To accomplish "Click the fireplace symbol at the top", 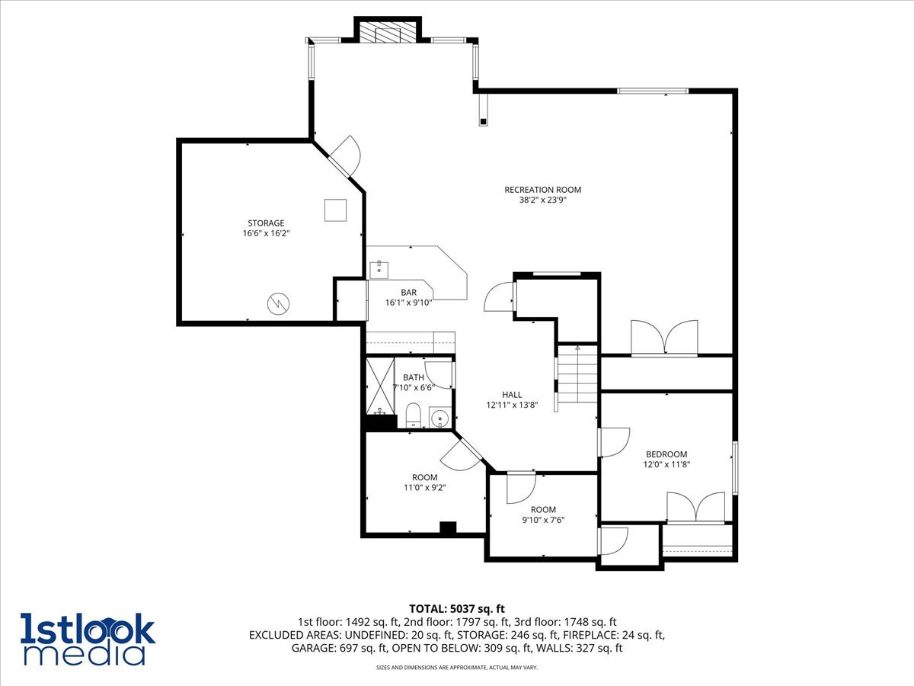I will pyautogui.click(x=388, y=32).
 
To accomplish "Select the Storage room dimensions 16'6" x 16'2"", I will pyautogui.click(x=266, y=234).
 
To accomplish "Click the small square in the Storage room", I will pyautogui.click(x=336, y=210).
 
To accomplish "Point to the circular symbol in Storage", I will pyautogui.click(x=278, y=303).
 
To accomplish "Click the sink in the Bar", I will pyautogui.click(x=379, y=269).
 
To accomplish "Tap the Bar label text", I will pyautogui.click(x=409, y=292).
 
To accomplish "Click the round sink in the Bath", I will pyautogui.click(x=439, y=418).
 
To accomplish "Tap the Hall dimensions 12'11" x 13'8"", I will pyautogui.click(x=512, y=405).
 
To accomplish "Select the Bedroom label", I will pyautogui.click(x=666, y=454).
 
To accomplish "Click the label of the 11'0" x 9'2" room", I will pyautogui.click(x=425, y=477).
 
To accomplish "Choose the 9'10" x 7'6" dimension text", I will pyautogui.click(x=543, y=521).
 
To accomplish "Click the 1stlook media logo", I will pyautogui.click(x=88, y=639).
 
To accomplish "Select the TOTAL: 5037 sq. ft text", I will pyautogui.click(x=457, y=608).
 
